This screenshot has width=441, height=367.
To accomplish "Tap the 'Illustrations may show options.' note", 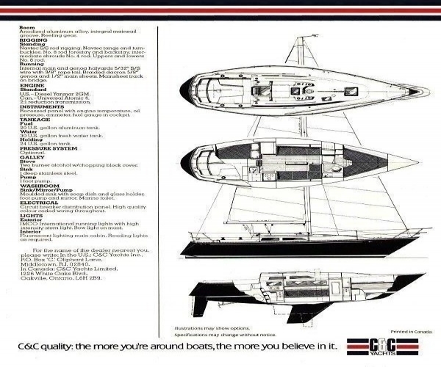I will (x=201, y=330).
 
